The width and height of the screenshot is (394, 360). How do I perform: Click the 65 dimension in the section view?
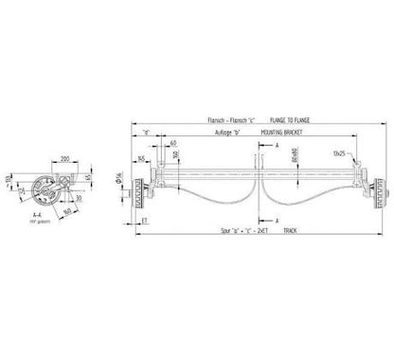[86, 177]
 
